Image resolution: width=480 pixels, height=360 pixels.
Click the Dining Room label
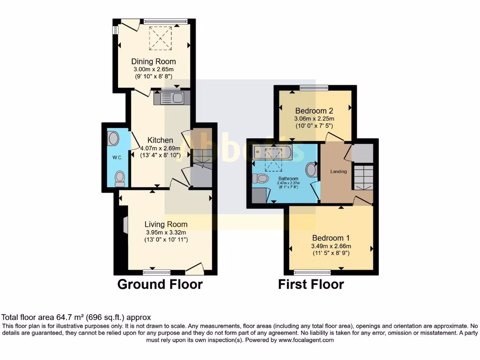point(153,61)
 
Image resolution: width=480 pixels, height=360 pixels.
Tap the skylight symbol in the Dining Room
point(161,37)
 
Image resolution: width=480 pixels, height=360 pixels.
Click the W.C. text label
point(117,157)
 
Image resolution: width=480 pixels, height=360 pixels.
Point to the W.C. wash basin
point(113,139)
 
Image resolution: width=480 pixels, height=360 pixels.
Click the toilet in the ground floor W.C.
point(120,177)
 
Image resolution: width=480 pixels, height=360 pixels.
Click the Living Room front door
point(195,269)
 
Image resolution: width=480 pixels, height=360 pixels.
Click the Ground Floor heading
point(160,285)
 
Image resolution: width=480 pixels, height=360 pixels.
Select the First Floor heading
point(311,285)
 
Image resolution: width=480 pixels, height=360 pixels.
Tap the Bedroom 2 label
point(314,111)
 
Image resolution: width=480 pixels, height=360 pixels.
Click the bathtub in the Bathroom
point(272,151)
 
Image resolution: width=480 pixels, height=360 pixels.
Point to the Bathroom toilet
point(260,178)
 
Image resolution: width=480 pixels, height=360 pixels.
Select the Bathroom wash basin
point(311,170)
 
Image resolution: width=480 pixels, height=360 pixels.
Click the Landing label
point(338,172)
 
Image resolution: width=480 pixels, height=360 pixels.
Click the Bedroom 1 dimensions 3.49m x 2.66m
point(331,246)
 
